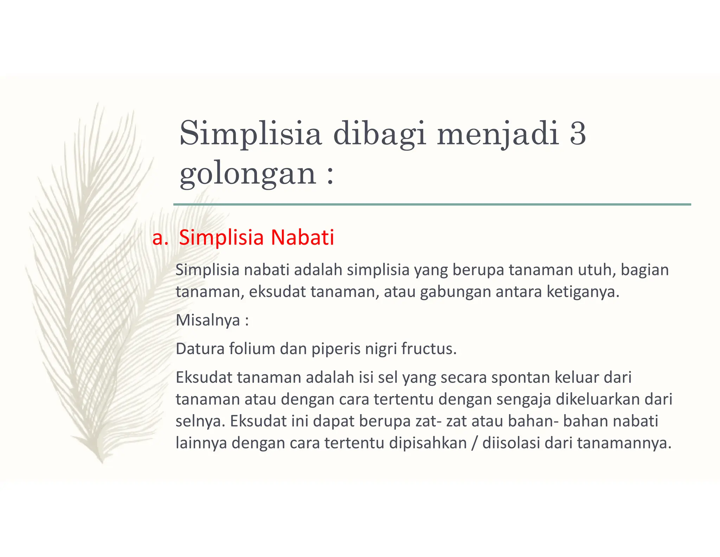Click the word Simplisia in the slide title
point(250,134)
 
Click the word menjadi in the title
point(498,134)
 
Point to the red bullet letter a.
point(160,237)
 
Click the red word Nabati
point(302,237)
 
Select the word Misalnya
point(208,320)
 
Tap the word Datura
point(200,349)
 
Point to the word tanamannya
point(624,443)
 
